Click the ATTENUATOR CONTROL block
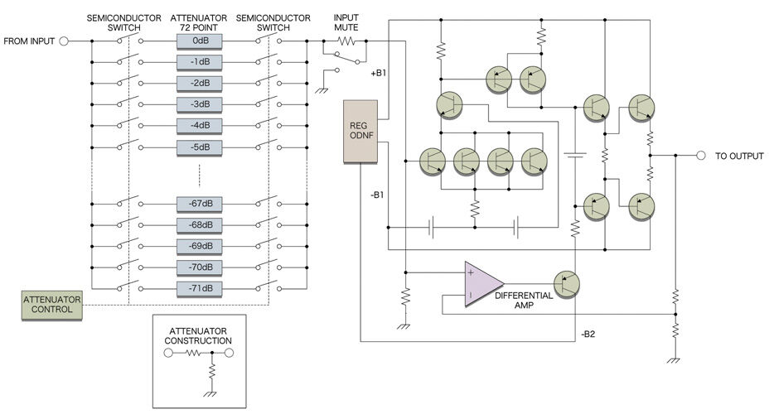coord(53,304)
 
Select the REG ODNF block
coord(360,131)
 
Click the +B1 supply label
coord(380,73)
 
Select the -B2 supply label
coord(589,334)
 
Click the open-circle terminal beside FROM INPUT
coord(63,41)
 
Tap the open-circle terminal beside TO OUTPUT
coord(700,155)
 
